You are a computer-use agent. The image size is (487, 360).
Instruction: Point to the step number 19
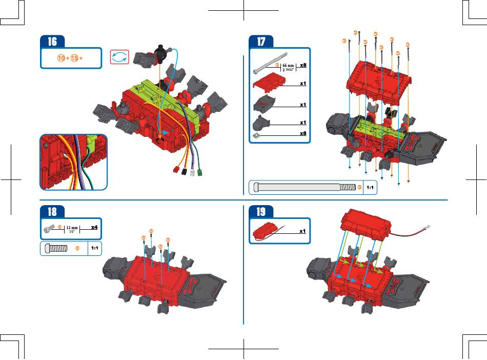point(260,211)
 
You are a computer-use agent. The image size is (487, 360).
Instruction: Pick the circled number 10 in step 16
point(61,58)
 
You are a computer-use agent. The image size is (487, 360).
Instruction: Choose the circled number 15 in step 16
point(75,58)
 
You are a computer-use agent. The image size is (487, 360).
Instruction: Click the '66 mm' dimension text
point(290,66)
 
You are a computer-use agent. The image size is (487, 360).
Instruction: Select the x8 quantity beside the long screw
point(303,65)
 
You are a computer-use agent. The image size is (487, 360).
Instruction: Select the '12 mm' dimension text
point(71,227)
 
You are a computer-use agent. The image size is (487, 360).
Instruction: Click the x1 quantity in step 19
point(303,231)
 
